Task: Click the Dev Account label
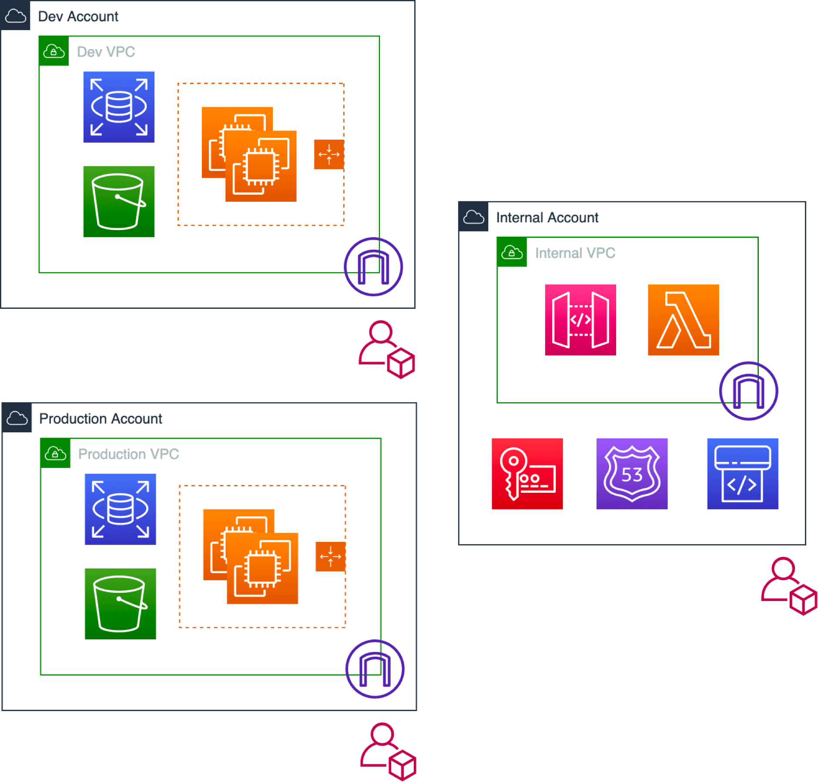78,17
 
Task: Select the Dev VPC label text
106,52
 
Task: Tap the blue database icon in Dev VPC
119,107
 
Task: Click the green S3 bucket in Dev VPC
119,202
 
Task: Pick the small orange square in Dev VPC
329,154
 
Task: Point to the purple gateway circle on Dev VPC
373,267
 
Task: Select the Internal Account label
547,217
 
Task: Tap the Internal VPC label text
575,253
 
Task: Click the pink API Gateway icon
580,320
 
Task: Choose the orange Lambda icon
683,320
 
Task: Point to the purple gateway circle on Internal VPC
748,391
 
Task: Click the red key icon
527,474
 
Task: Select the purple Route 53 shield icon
632,474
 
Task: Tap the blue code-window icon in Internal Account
742,474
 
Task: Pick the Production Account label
100,418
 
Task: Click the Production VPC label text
128,454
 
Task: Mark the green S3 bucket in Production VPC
120,604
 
